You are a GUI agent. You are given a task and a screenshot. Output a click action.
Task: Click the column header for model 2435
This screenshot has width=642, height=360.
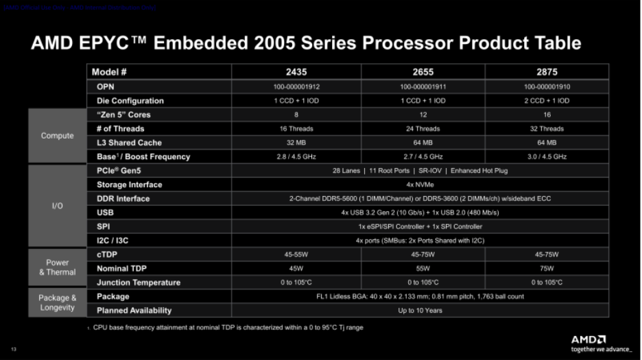click(296, 71)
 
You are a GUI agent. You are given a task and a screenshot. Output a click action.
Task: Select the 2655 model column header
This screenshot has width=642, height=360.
click(423, 71)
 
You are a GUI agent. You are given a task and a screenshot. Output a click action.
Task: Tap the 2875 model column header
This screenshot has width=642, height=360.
click(547, 71)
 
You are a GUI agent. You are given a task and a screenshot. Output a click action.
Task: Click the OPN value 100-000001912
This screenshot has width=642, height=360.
click(296, 86)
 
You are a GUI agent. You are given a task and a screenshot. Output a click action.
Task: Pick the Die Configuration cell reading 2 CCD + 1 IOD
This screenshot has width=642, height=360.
click(547, 101)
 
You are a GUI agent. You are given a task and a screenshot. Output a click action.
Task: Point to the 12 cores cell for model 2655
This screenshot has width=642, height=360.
click(423, 115)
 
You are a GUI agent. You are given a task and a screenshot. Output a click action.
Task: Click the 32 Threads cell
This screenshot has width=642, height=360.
click(547, 129)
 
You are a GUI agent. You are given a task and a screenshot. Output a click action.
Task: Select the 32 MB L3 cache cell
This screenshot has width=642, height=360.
click(296, 143)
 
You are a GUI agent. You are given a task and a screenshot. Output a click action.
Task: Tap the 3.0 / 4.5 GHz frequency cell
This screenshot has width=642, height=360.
click(547, 157)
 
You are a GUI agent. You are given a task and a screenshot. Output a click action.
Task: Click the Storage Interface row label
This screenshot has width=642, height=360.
click(130, 184)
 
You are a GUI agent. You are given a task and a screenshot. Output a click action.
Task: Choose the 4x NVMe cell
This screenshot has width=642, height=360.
click(420, 184)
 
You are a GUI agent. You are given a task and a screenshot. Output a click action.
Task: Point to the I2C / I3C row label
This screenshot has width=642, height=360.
click(113, 241)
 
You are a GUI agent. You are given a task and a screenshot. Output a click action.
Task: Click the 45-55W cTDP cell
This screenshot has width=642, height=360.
click(296, 254)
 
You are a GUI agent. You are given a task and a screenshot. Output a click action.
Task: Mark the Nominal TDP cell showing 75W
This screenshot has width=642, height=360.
click(547, 269)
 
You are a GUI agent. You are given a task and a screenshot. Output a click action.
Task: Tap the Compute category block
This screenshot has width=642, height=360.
click(58, 136)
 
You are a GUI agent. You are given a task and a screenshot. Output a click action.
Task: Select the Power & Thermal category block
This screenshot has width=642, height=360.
click(58, 267)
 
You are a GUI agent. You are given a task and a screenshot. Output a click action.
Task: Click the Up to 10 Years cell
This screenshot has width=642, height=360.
click(420, 311)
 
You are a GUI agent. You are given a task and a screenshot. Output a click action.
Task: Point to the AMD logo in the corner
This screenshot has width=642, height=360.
click(588, 339)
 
